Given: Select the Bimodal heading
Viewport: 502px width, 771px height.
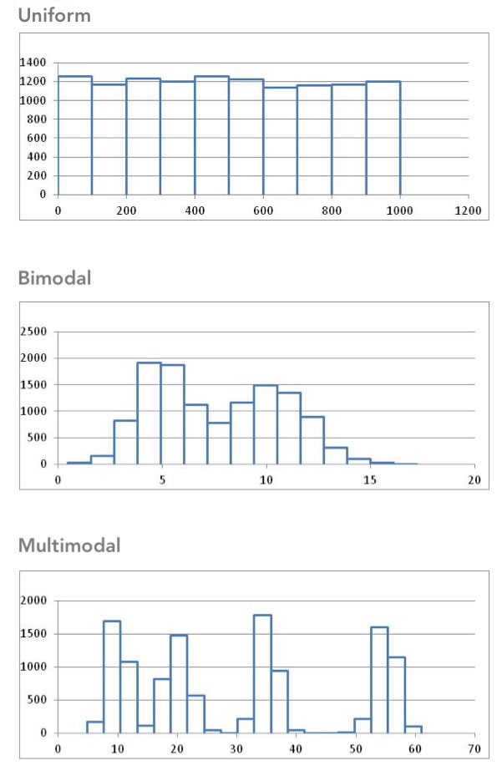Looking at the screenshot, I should pyautogui.click(x=54, y=279).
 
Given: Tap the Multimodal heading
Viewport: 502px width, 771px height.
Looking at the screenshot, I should pyautogui.click(x=69, y=546).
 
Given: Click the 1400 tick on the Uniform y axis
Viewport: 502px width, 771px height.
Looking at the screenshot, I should pyautogui.click(x=34, y=63).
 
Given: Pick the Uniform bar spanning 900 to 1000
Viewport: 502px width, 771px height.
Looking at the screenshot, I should pyautogui.click(x=383, y=138).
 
